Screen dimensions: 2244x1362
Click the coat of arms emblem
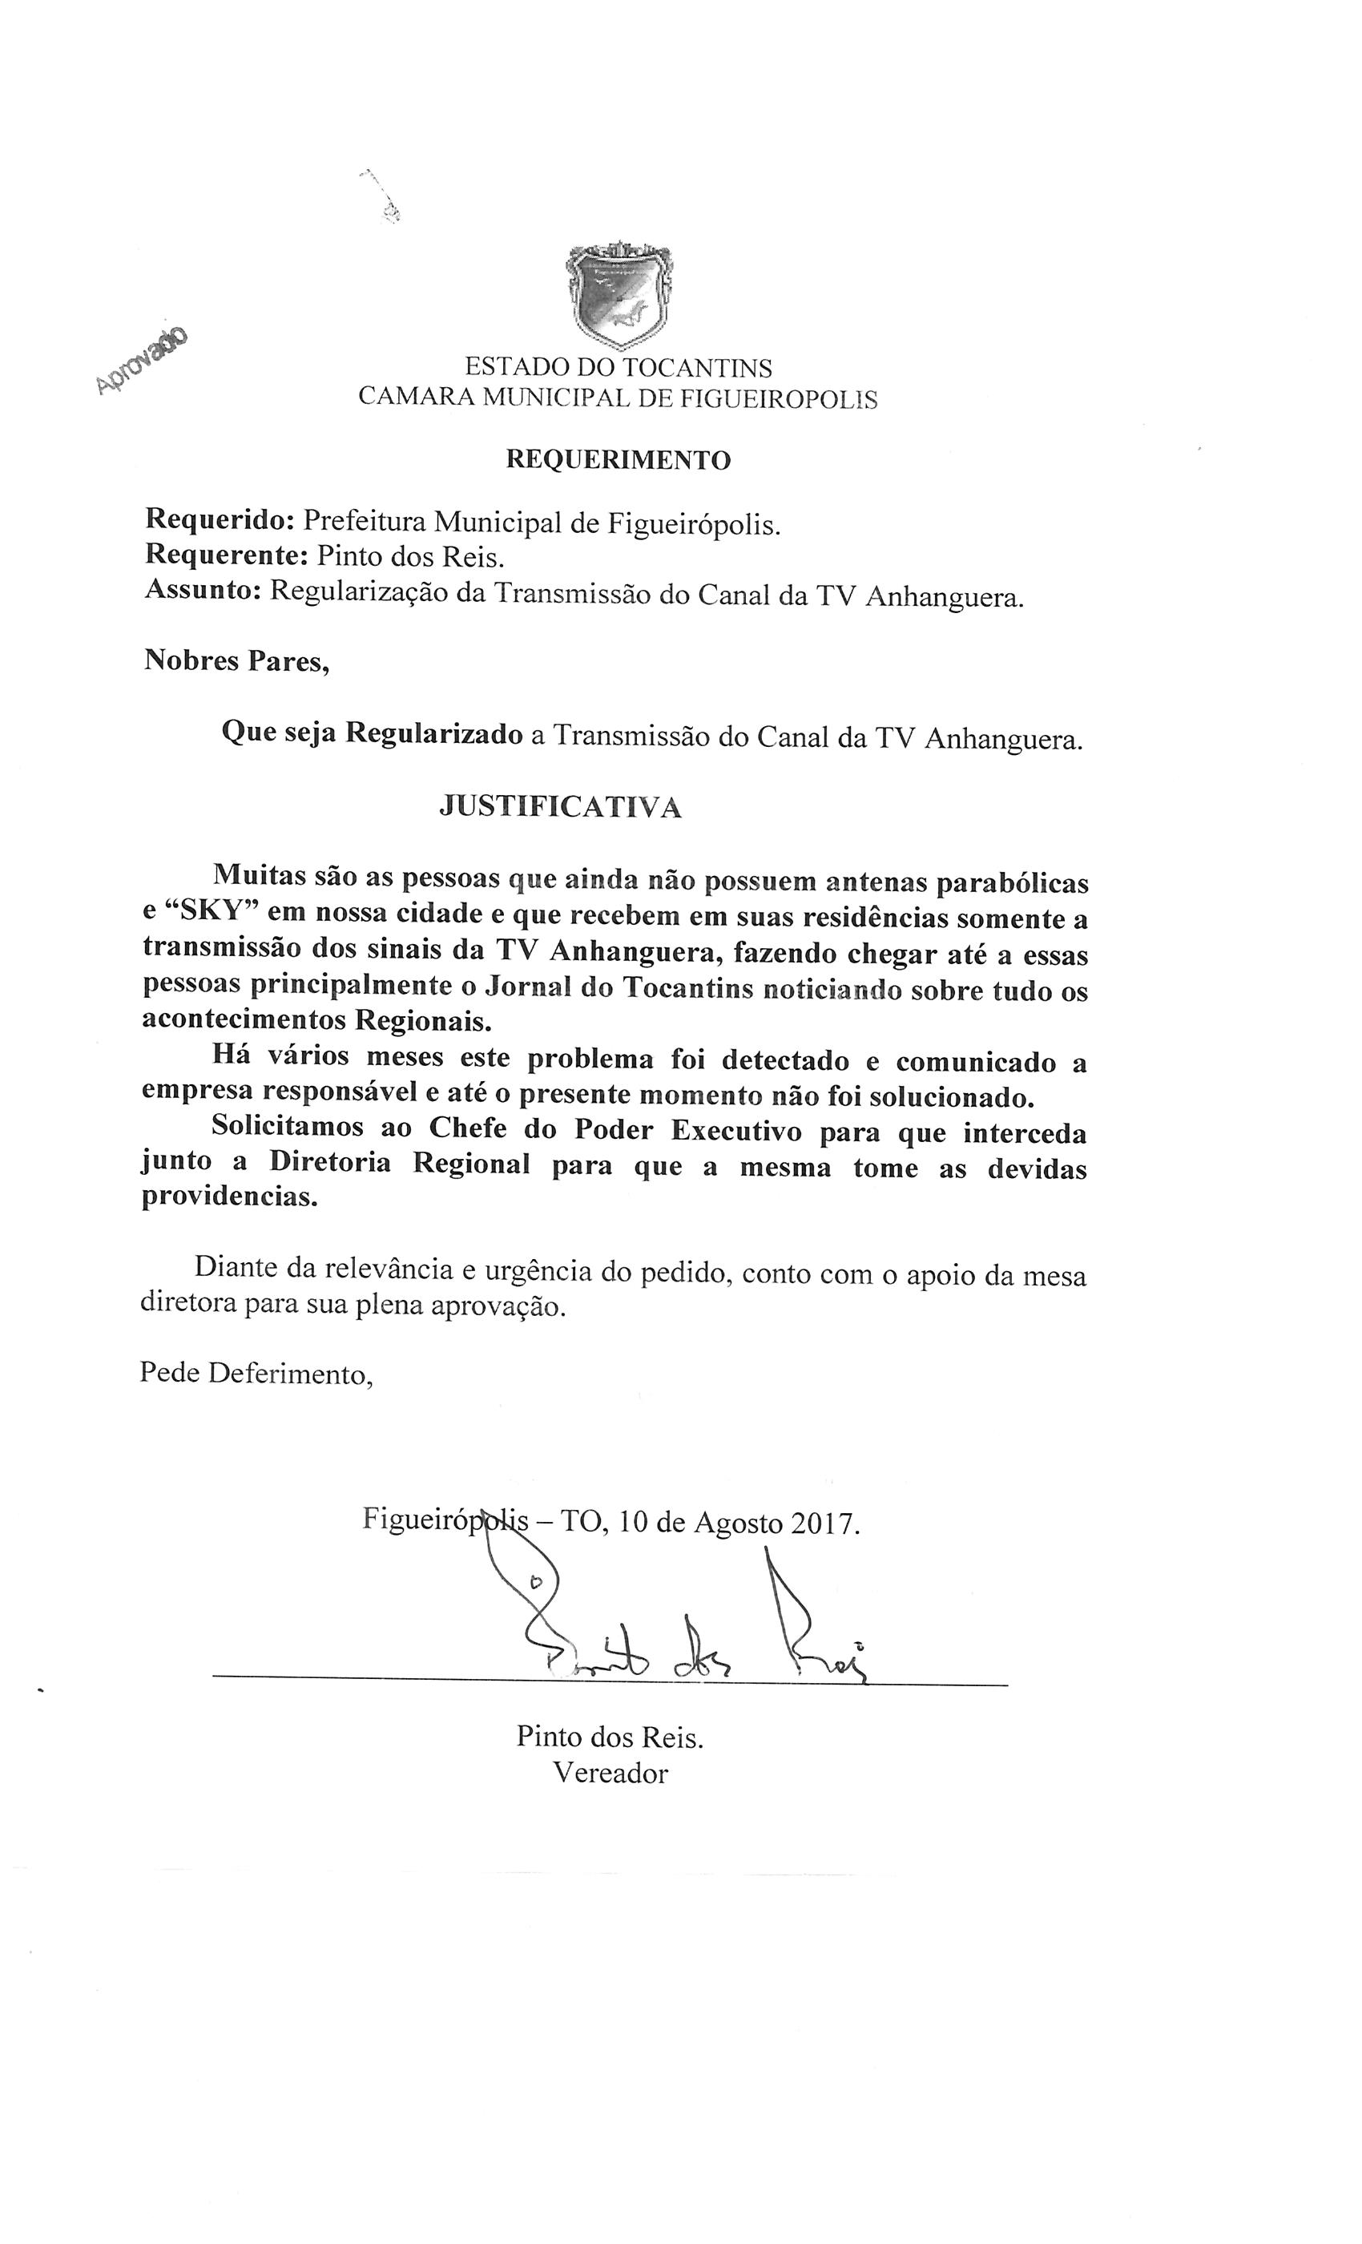[x=619, y=295]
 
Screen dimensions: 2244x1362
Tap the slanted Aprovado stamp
[x=142, y=361]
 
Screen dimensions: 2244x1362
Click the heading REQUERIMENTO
[x=619, y=460]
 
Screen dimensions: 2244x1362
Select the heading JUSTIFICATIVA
[x=560, y=808]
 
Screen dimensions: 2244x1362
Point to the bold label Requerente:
[x=227, y=555]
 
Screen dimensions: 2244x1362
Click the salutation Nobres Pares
[x=236, y=660]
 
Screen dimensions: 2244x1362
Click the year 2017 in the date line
[x=823, y=1523]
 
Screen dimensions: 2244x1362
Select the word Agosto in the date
[x=737, y=1523]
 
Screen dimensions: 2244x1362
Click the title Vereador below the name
[x=610, y=1773]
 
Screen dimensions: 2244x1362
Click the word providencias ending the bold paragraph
[x=229, y=1197]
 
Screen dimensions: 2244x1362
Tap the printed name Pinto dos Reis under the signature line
[x=609, y=1737]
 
